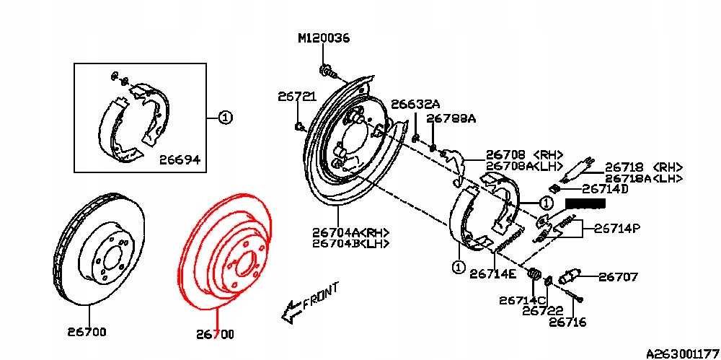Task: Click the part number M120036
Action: (324, 38)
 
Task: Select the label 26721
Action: (297, 97)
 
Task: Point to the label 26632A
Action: (415, 105)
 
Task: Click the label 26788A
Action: (451, 119)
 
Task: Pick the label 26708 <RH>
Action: (525, 154)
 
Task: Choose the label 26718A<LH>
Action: (644, 179)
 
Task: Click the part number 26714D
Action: (605, 189)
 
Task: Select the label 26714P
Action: (617, 229)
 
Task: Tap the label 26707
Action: (618, 277)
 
